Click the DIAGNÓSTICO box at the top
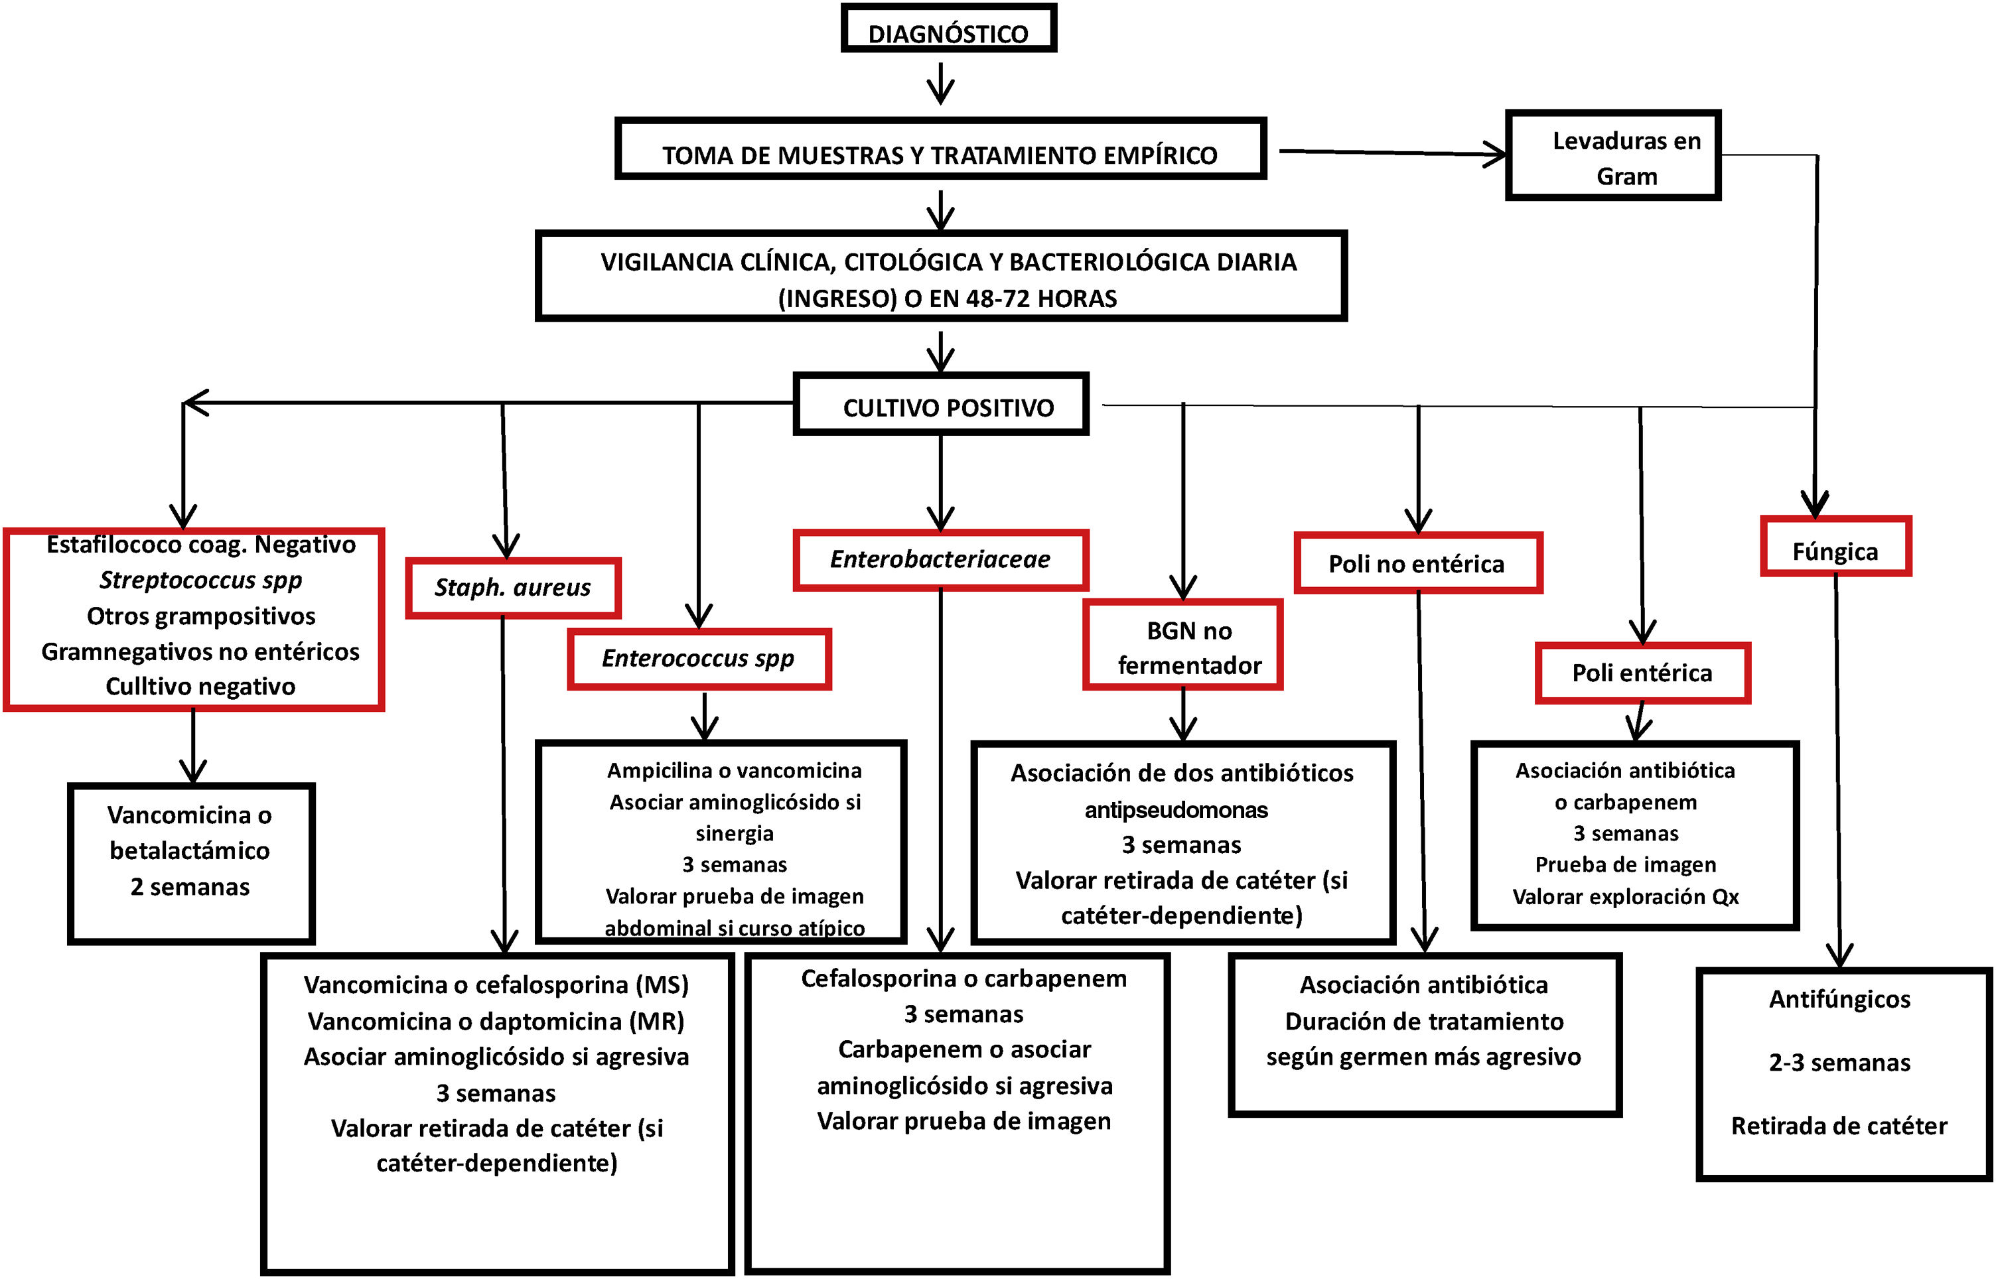pos(948,29)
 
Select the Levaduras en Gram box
pos(1612,156)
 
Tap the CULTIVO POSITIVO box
pos(940,405)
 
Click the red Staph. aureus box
pos(512,588)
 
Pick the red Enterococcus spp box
pos(699,659)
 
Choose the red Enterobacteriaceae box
pos(940,560)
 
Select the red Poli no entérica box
pos(1417,564)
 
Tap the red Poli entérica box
pos(1642,673)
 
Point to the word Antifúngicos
pos(1840,999)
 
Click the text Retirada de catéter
pos(1839,1126)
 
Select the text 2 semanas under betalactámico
pos(190,887)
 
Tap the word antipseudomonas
pos(1176,810)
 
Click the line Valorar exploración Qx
pos(1626,897)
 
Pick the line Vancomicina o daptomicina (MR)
pos(496,1021)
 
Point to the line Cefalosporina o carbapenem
pos(963,978)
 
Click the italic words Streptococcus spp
pos(201,580)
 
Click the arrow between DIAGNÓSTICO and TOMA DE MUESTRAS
pos(940,84)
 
